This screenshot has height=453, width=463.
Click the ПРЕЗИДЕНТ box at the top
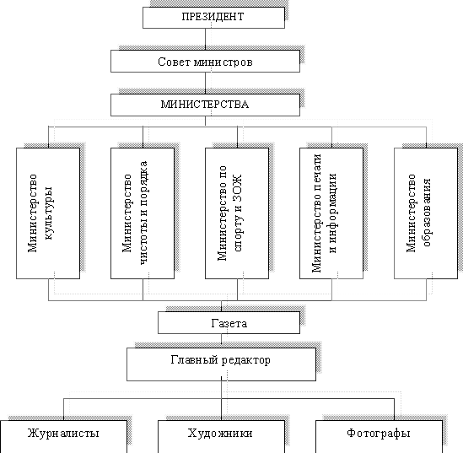[x=213, y=18]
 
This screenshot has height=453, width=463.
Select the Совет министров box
[x=205, y=61]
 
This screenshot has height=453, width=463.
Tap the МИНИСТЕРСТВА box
[x=205, y=105]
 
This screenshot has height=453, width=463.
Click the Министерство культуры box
[x=48, y=213]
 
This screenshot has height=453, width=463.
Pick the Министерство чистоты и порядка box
[x=143, y=213]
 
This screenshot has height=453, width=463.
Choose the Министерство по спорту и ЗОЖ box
[x=237, y=213]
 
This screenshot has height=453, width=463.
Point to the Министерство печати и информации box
[x=331, y=213]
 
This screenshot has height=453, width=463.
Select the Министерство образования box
[x=426, y=213]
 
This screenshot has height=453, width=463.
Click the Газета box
[x=229, y=323]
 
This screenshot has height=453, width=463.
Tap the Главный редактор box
[x=221, y=364]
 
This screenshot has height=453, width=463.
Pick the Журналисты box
[x=63, y=436]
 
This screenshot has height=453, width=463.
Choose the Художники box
[x=221, y=436]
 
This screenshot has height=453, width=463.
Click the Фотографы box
[x=380, y=436]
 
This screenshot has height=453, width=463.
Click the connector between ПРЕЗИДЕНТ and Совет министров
[x=205, y=40]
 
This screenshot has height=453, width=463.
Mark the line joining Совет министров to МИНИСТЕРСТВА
[x=205, y=83]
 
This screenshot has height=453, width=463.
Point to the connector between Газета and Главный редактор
[x=221, y=341]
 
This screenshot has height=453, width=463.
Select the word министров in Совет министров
[x=223, y=62]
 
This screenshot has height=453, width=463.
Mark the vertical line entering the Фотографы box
[x=394, y=409]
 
